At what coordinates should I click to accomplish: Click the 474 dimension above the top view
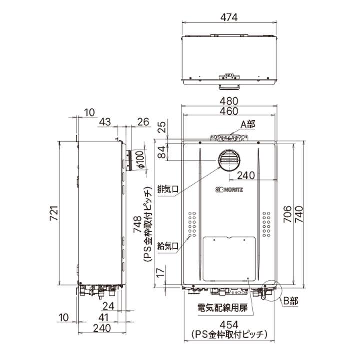[229, 17]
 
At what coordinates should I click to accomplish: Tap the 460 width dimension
[229, 112]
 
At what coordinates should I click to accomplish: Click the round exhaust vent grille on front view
[229, 161]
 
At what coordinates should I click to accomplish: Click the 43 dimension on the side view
[105, 122]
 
